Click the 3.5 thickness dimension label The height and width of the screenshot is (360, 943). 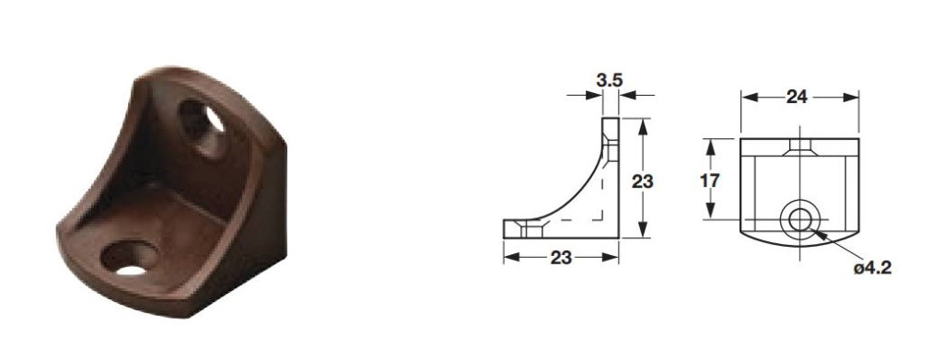pos(611,80)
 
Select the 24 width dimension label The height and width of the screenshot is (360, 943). pos(797,97)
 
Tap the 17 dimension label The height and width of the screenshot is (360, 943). pos(711,180)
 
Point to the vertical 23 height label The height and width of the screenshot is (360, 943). pos(642,180)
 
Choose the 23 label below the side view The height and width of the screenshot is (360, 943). pos(561,258)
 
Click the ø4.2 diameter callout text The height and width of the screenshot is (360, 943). pos(872,268)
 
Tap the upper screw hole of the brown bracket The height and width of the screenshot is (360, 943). pos(204,125)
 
